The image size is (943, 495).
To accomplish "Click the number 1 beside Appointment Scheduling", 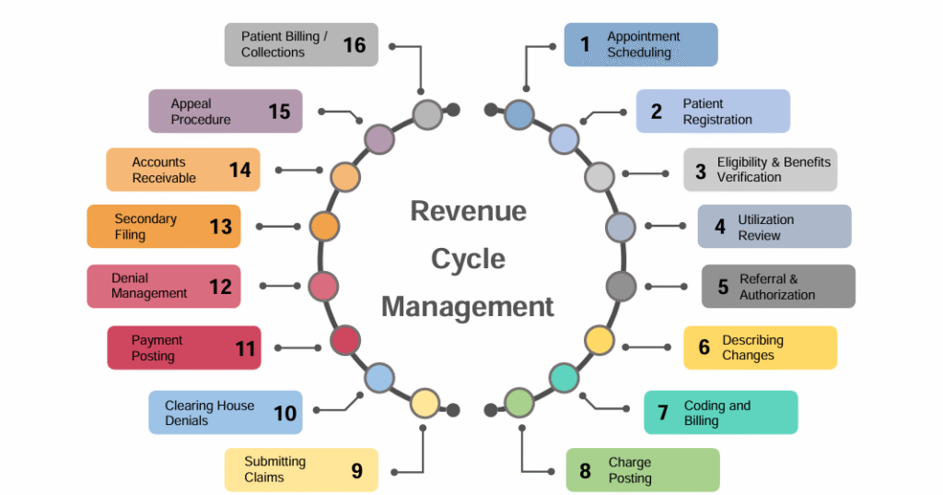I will pos(584,44).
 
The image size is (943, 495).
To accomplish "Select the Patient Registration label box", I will pos(713,112).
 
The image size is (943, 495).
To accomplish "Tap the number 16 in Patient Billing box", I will pos(355,44).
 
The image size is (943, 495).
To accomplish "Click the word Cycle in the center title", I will pos(468,258).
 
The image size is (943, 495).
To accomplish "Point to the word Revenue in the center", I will pos(468,211).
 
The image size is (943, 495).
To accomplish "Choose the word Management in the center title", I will pos(468,306).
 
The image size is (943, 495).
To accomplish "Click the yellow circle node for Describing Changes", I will pos(600,340).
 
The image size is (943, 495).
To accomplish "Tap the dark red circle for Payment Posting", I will pos(344,340).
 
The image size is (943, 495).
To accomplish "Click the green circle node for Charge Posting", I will pos(519,403).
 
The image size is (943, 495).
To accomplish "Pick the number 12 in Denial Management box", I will pos(220,287).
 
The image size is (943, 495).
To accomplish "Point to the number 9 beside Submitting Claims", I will pos(356,470).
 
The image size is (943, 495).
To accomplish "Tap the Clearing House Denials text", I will pos(209,413).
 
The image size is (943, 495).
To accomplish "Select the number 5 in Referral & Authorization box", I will pos(723,287).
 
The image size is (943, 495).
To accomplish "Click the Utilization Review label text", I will pos(765,228).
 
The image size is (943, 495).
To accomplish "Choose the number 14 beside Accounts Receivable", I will pos(239,170).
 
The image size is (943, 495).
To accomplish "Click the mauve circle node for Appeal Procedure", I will pos(379,139).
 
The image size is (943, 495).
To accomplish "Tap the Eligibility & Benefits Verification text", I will pos(774,170).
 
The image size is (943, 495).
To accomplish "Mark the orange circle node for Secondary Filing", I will pos(324,226).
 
